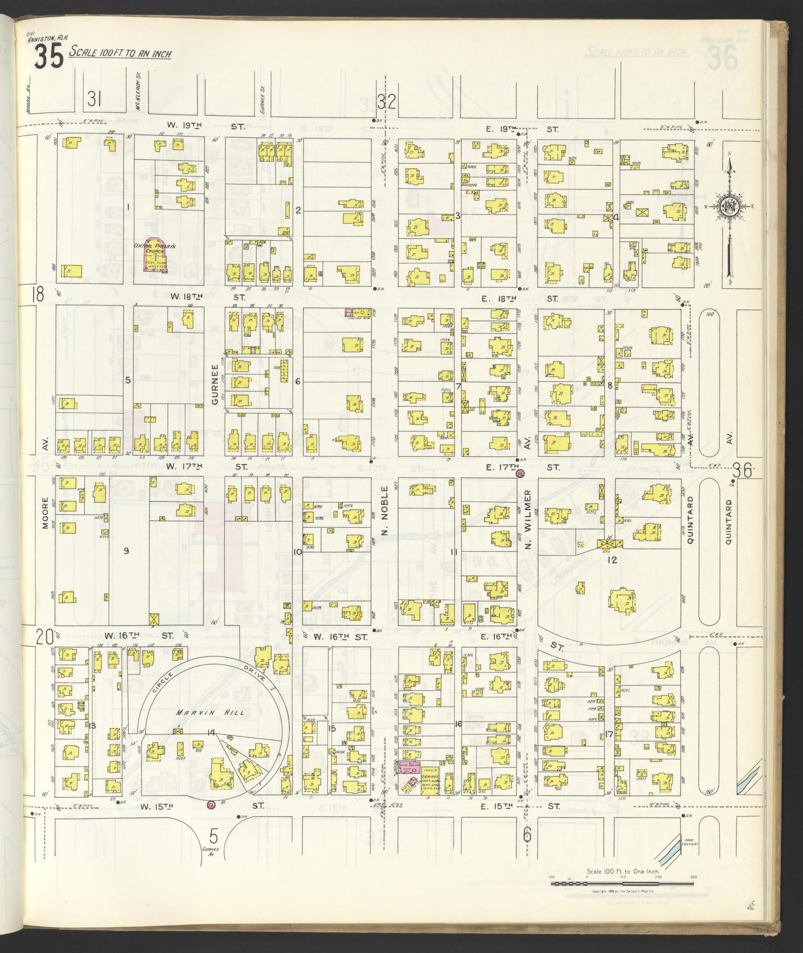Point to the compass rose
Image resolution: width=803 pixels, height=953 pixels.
pos(729,207)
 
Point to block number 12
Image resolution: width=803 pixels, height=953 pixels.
pos(611,560)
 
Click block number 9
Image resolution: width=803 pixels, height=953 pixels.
pos(126,551)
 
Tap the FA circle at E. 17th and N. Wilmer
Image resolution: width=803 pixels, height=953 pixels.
pos(520,473)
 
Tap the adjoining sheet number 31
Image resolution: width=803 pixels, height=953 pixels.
pos(95,98)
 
